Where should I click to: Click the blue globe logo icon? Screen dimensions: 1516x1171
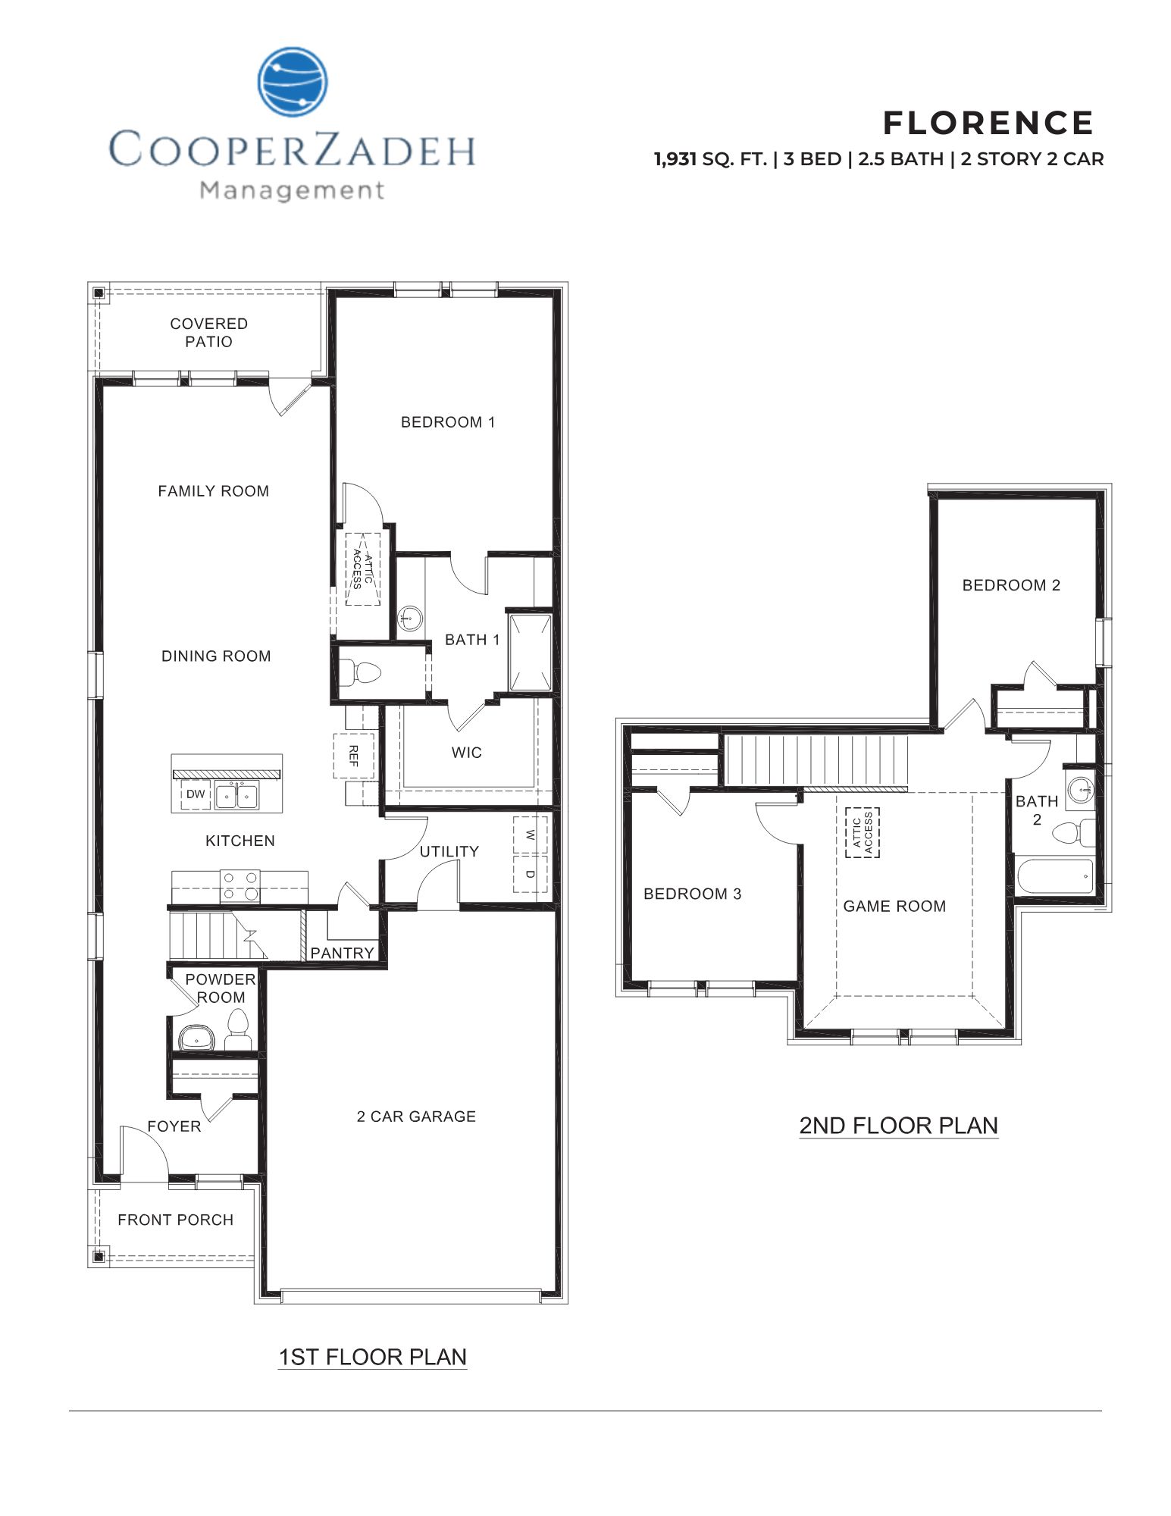pos(293,81)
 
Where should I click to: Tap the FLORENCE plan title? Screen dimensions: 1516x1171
pos(988,123)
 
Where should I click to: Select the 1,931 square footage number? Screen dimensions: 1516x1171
pos(675,159)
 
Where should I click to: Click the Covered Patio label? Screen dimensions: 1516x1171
pos(208,333)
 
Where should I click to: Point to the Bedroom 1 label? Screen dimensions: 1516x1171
pos(447,422)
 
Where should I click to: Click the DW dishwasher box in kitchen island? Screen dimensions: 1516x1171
pos(196,794)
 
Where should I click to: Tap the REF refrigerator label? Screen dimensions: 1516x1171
pos(353,755)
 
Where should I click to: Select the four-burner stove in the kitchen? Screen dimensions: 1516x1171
pos(240,886)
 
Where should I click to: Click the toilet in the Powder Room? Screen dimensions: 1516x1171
pos(238,1029)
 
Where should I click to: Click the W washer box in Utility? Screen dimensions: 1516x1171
pos(531,835)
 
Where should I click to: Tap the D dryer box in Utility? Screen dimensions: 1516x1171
pos(531,873)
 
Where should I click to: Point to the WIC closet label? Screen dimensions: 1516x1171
pos(466,753)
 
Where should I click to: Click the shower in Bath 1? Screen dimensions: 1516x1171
pos(530,653)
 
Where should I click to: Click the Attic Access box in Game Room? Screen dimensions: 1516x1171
pos(863,832)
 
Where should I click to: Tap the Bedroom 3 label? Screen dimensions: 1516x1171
pos(692,894)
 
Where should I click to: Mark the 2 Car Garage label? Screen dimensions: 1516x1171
pos(416,1116)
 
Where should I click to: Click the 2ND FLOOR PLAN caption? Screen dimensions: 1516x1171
pos(898,1125)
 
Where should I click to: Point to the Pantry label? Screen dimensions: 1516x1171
pos(342,953)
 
